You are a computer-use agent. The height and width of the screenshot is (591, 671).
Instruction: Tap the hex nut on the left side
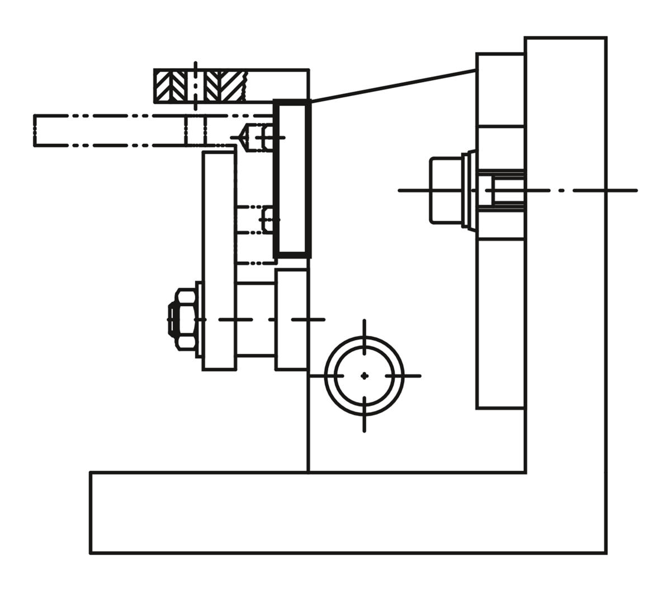(185, 319)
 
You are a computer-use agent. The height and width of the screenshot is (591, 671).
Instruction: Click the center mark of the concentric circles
(365, 376)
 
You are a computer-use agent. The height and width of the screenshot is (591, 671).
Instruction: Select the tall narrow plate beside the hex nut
(219, 260)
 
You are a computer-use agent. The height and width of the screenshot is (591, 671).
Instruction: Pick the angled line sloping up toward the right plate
(391, 86)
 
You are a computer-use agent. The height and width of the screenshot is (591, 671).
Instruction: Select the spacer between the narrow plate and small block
(256, 319)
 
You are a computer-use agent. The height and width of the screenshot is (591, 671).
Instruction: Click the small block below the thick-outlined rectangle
(291, 319)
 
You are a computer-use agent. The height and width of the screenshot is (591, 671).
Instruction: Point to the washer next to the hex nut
(199, 319)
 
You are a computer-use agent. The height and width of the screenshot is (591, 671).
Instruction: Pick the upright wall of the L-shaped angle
(565, 252)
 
